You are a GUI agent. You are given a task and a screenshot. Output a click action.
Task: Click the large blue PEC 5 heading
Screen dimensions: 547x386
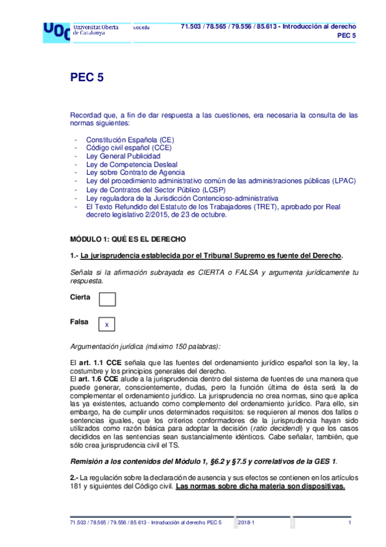[x=86, y=78]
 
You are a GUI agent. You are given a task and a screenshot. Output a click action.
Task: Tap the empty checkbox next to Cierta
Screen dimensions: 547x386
[x=107, y=299]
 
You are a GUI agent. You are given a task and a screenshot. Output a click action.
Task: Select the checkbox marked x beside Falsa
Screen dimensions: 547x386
[x=107, y=324]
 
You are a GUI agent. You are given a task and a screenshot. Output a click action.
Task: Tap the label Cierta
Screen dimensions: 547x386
[x=80, y=297]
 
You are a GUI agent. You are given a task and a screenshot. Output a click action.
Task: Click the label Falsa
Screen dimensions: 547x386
[x=79, y=321]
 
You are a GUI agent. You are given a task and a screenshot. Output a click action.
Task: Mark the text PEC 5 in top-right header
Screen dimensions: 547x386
[x=347, y=36]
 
